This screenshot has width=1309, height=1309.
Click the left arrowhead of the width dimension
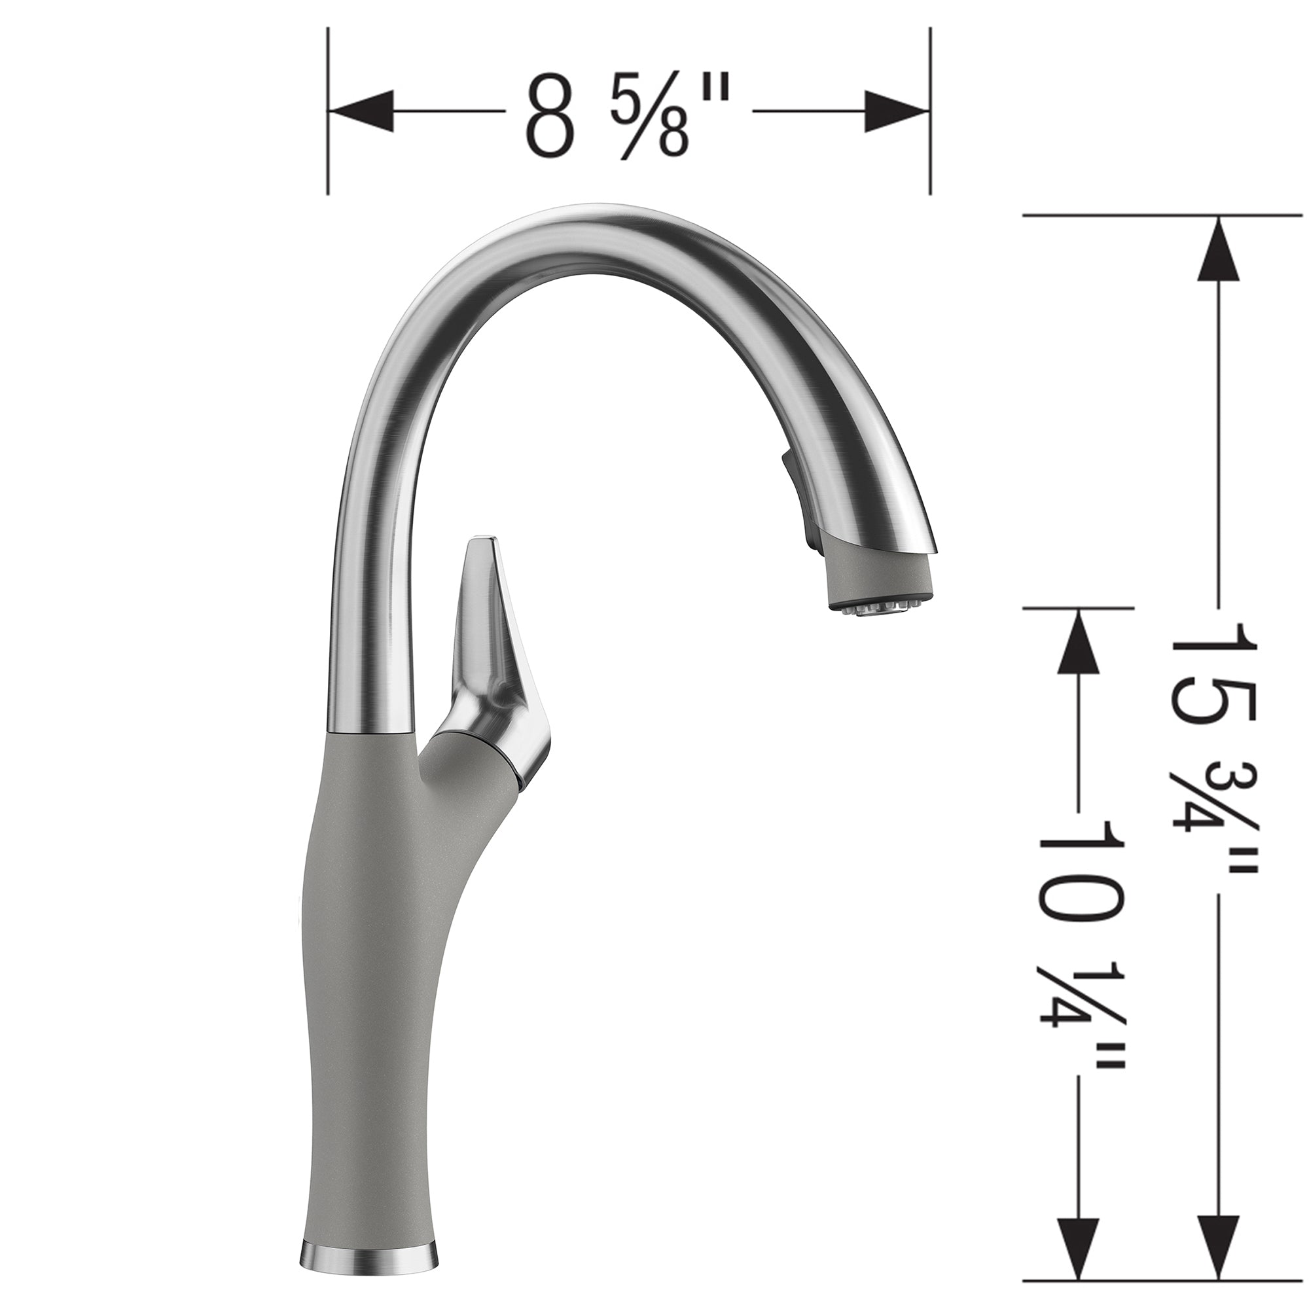[363, 111]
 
